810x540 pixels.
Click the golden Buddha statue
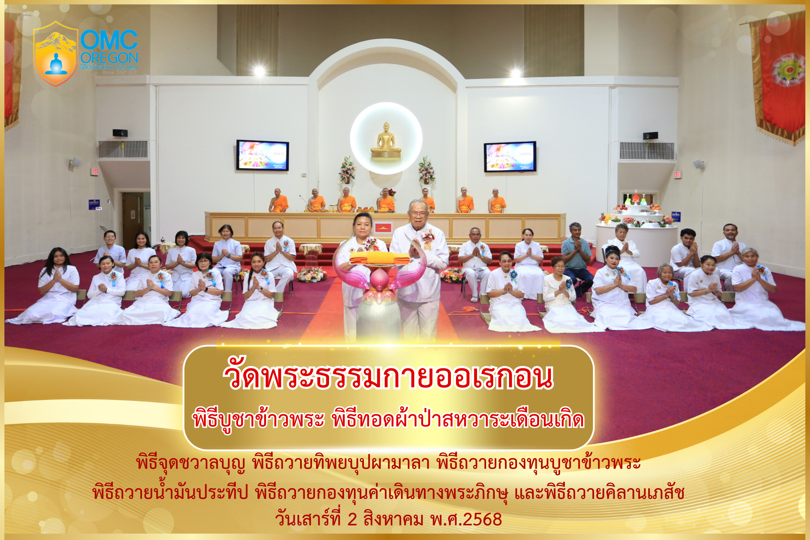pos(386,141)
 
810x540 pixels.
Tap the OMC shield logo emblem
pos(55,54)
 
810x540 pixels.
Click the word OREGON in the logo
pos(109,58)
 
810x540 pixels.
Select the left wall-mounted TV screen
pos(262,155)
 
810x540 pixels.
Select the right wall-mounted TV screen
pos(510,157)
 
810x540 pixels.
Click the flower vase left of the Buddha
pos(347,170)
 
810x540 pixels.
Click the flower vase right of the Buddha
pos(426,171)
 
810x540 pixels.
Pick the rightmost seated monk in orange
pos(497,201)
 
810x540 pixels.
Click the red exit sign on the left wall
pos(95,171)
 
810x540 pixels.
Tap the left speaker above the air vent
pos(120,133)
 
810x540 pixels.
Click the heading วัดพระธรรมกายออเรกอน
pos(388,377)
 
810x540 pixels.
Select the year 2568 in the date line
pos(483,519)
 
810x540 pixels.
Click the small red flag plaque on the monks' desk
pos(382,227)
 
